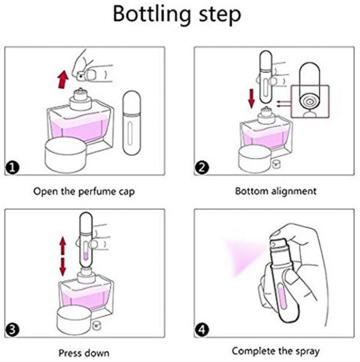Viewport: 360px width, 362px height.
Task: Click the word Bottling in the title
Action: tap(152, 14)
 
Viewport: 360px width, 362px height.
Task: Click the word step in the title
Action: tap(220, 15)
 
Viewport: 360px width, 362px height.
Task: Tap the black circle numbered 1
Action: tap(12, 168)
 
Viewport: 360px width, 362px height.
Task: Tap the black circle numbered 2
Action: tap(202, 168)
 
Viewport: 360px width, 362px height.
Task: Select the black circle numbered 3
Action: tap(12, 330)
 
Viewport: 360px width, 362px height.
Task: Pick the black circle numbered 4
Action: tap(202, 330)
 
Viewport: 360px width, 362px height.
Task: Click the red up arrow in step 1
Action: tap(63, 80)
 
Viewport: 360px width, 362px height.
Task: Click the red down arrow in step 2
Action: tap(251, 99)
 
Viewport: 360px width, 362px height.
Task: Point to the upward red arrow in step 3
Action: tap(63, 246)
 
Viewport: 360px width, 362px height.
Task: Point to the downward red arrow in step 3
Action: tap(63, 267)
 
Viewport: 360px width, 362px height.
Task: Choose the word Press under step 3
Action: tap(70, 353)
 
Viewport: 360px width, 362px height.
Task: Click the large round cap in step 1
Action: tap(66, 154)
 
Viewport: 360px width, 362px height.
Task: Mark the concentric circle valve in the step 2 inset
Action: tap(309, 101)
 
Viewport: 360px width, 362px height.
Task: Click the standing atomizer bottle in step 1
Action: tap(132, 123)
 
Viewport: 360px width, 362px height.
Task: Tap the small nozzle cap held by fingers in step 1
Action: tap(81, 75)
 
